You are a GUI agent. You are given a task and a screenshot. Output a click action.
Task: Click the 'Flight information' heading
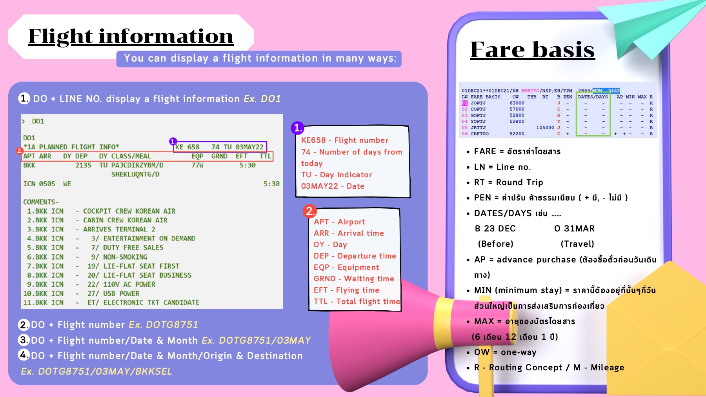(x=131, y=36)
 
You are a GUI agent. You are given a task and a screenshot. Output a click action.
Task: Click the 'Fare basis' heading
(x=532, y=50)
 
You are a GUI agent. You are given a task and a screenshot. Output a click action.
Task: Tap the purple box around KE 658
(x=220, y=147)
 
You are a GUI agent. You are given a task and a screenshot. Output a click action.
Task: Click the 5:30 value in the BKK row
(x=247, y=165)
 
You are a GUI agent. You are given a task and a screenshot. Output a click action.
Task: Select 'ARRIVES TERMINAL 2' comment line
(x=119, y=229)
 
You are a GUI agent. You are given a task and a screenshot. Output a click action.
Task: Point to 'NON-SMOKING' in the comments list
(x=125, y=257)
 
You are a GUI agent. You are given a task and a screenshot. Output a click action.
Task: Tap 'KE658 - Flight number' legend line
(x=344, y=140)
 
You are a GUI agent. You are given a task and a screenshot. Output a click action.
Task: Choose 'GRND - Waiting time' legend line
(x=353, y=279)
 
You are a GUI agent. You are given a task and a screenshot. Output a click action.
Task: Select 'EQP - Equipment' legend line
(x=346, y=268)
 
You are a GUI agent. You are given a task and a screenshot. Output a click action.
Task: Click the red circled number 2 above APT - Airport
(x=309, y=211)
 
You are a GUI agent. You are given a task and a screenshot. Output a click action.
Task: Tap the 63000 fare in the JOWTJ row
(x=517, y=103)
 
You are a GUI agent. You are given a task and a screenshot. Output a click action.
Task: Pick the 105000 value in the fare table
(x=545, y=127)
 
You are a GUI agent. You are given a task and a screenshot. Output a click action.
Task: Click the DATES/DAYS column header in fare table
(x=593, y=97)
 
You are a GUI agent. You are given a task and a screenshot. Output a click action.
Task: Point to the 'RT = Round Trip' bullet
(x=509, y=182)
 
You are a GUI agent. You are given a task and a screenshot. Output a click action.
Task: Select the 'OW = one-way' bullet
(x=505, y=352)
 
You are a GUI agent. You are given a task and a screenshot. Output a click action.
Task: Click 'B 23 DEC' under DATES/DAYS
(x=495, y=229)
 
